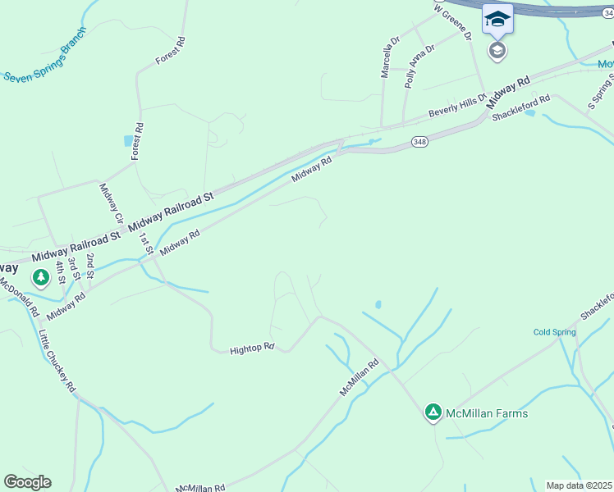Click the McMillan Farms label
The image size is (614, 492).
(x=486, y=413)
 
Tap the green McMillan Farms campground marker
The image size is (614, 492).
(x=433, y=412)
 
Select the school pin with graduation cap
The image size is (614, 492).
(x=497, y=20)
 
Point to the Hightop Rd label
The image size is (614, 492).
(x=251, y=348)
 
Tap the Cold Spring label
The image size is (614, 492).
(x=554, y=332)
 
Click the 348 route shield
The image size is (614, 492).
(x=420, y=141)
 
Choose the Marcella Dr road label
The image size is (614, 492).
(x=388, y=57)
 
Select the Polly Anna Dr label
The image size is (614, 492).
(x=419, y=66)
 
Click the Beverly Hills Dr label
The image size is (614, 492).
(x=457, y=107)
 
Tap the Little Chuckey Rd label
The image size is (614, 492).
(x=57, y=360)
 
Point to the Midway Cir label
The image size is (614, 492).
(x=110, y=203)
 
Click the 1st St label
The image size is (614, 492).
(x=146, y=244)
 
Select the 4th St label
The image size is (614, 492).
(x=60, y=271)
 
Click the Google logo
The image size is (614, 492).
(x=27, y=482)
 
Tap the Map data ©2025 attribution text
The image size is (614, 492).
(x=580, y=485)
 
